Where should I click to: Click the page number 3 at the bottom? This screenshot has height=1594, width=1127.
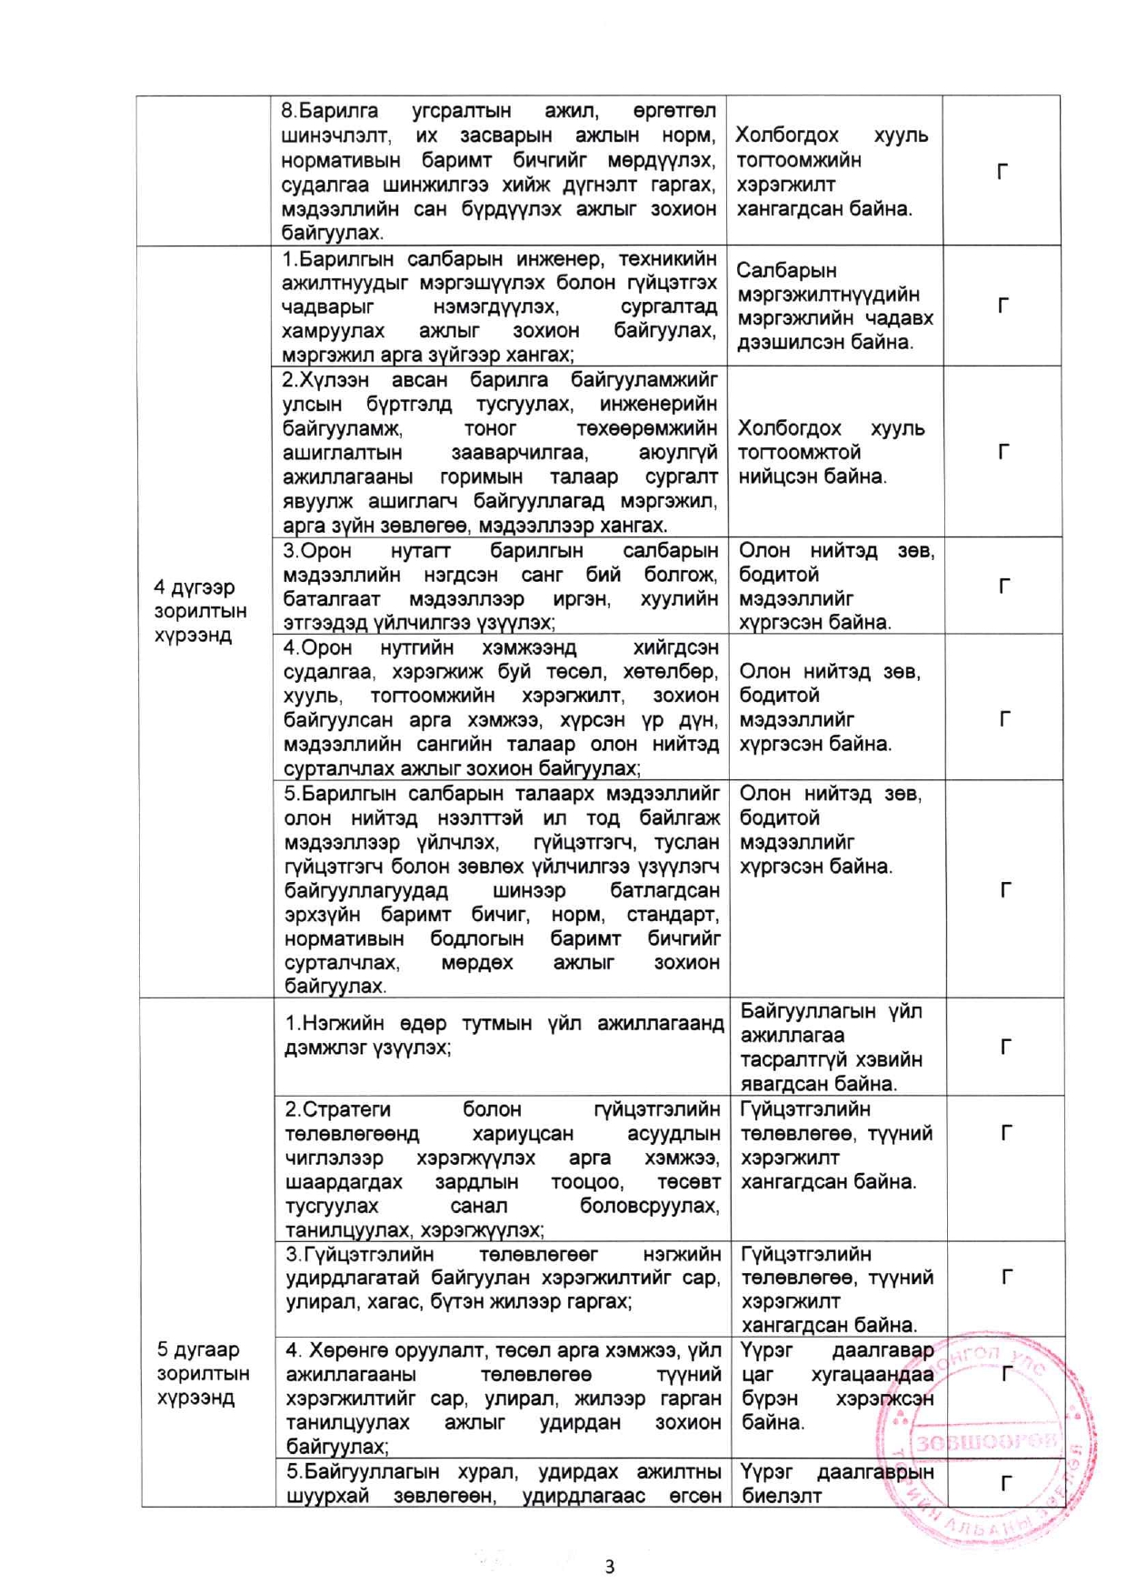(x=609, y=1566)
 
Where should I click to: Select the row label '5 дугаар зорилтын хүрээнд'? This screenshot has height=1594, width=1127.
(x=203, y=1373)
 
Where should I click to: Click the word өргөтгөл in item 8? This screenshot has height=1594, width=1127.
(x=674, y=111)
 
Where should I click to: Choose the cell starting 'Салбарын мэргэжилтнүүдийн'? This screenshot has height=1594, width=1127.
(x=834, y=306)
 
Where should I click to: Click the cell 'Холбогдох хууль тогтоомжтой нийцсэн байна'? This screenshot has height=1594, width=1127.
(x=832, y=452)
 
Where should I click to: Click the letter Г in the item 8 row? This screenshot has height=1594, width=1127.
(x=1002, y=172)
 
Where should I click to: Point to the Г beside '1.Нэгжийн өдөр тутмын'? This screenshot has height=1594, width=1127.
(x=1006, y=1048)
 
